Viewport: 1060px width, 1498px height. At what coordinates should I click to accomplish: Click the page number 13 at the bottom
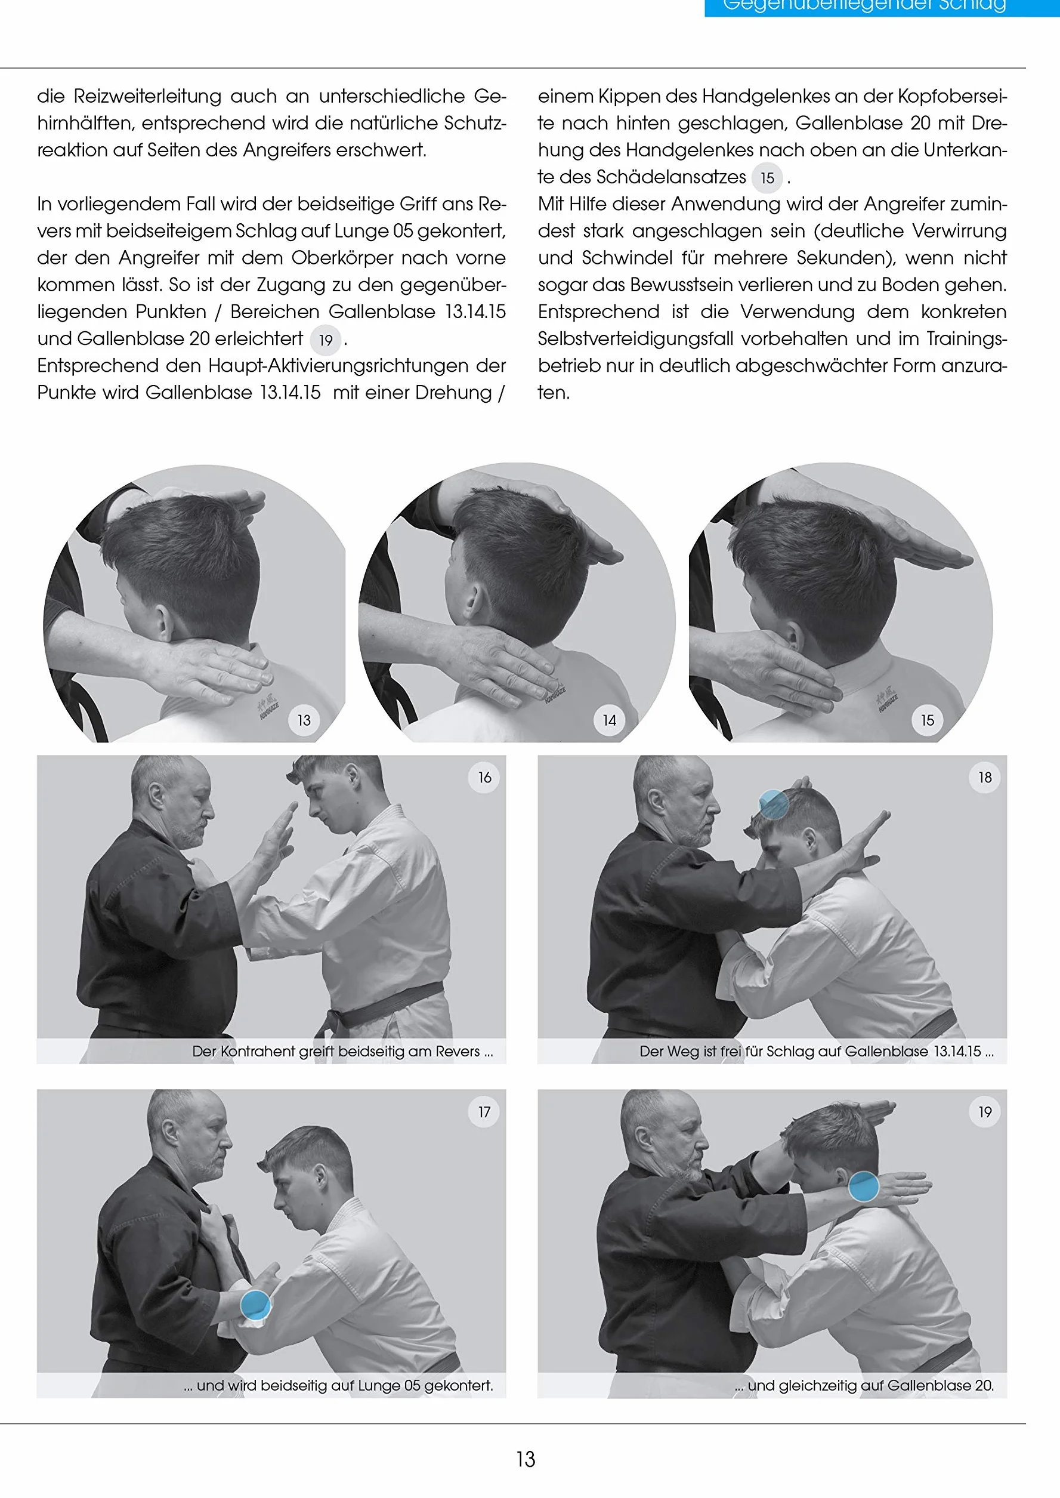pyautogui.click(x=526, y=1459)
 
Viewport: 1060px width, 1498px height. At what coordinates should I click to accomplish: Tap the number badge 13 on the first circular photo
pyautogui.click(x=304, y=720)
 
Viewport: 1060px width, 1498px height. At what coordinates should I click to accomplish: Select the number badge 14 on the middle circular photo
pyautogui.click(x=610, y=720)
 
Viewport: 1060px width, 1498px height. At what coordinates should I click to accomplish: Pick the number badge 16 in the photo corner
pyautogui.click(x=484, y=777)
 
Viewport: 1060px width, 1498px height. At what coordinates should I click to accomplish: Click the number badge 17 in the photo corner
pyautogui.click(x=484, y=1111)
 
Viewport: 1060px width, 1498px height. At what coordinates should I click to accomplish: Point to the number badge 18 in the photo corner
pyautogui.click(x=985, y=777)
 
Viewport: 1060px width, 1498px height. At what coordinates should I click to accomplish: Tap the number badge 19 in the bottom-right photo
pyautogui.click(x=985, y=1111)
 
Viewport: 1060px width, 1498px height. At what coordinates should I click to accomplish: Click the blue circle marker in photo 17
pyautogui.click(x=256, y=1305)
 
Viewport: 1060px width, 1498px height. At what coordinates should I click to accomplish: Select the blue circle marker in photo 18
pyautogui.click(x=774, y=805)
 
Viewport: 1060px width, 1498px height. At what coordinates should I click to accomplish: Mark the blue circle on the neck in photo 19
pyautogui.click(x=864, y=1186)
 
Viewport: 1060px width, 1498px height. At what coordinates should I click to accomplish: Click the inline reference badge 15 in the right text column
pyautogui.click(x=768, y=178)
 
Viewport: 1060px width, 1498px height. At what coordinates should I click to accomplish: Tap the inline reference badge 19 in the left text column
pyautogui.click(x=326, y=340)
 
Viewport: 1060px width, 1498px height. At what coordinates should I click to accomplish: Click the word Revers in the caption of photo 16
pyautogui.click(x=456, y=1052)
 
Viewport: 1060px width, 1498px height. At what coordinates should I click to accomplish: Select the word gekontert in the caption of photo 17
pyautogui.click(x=458, y=1386)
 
